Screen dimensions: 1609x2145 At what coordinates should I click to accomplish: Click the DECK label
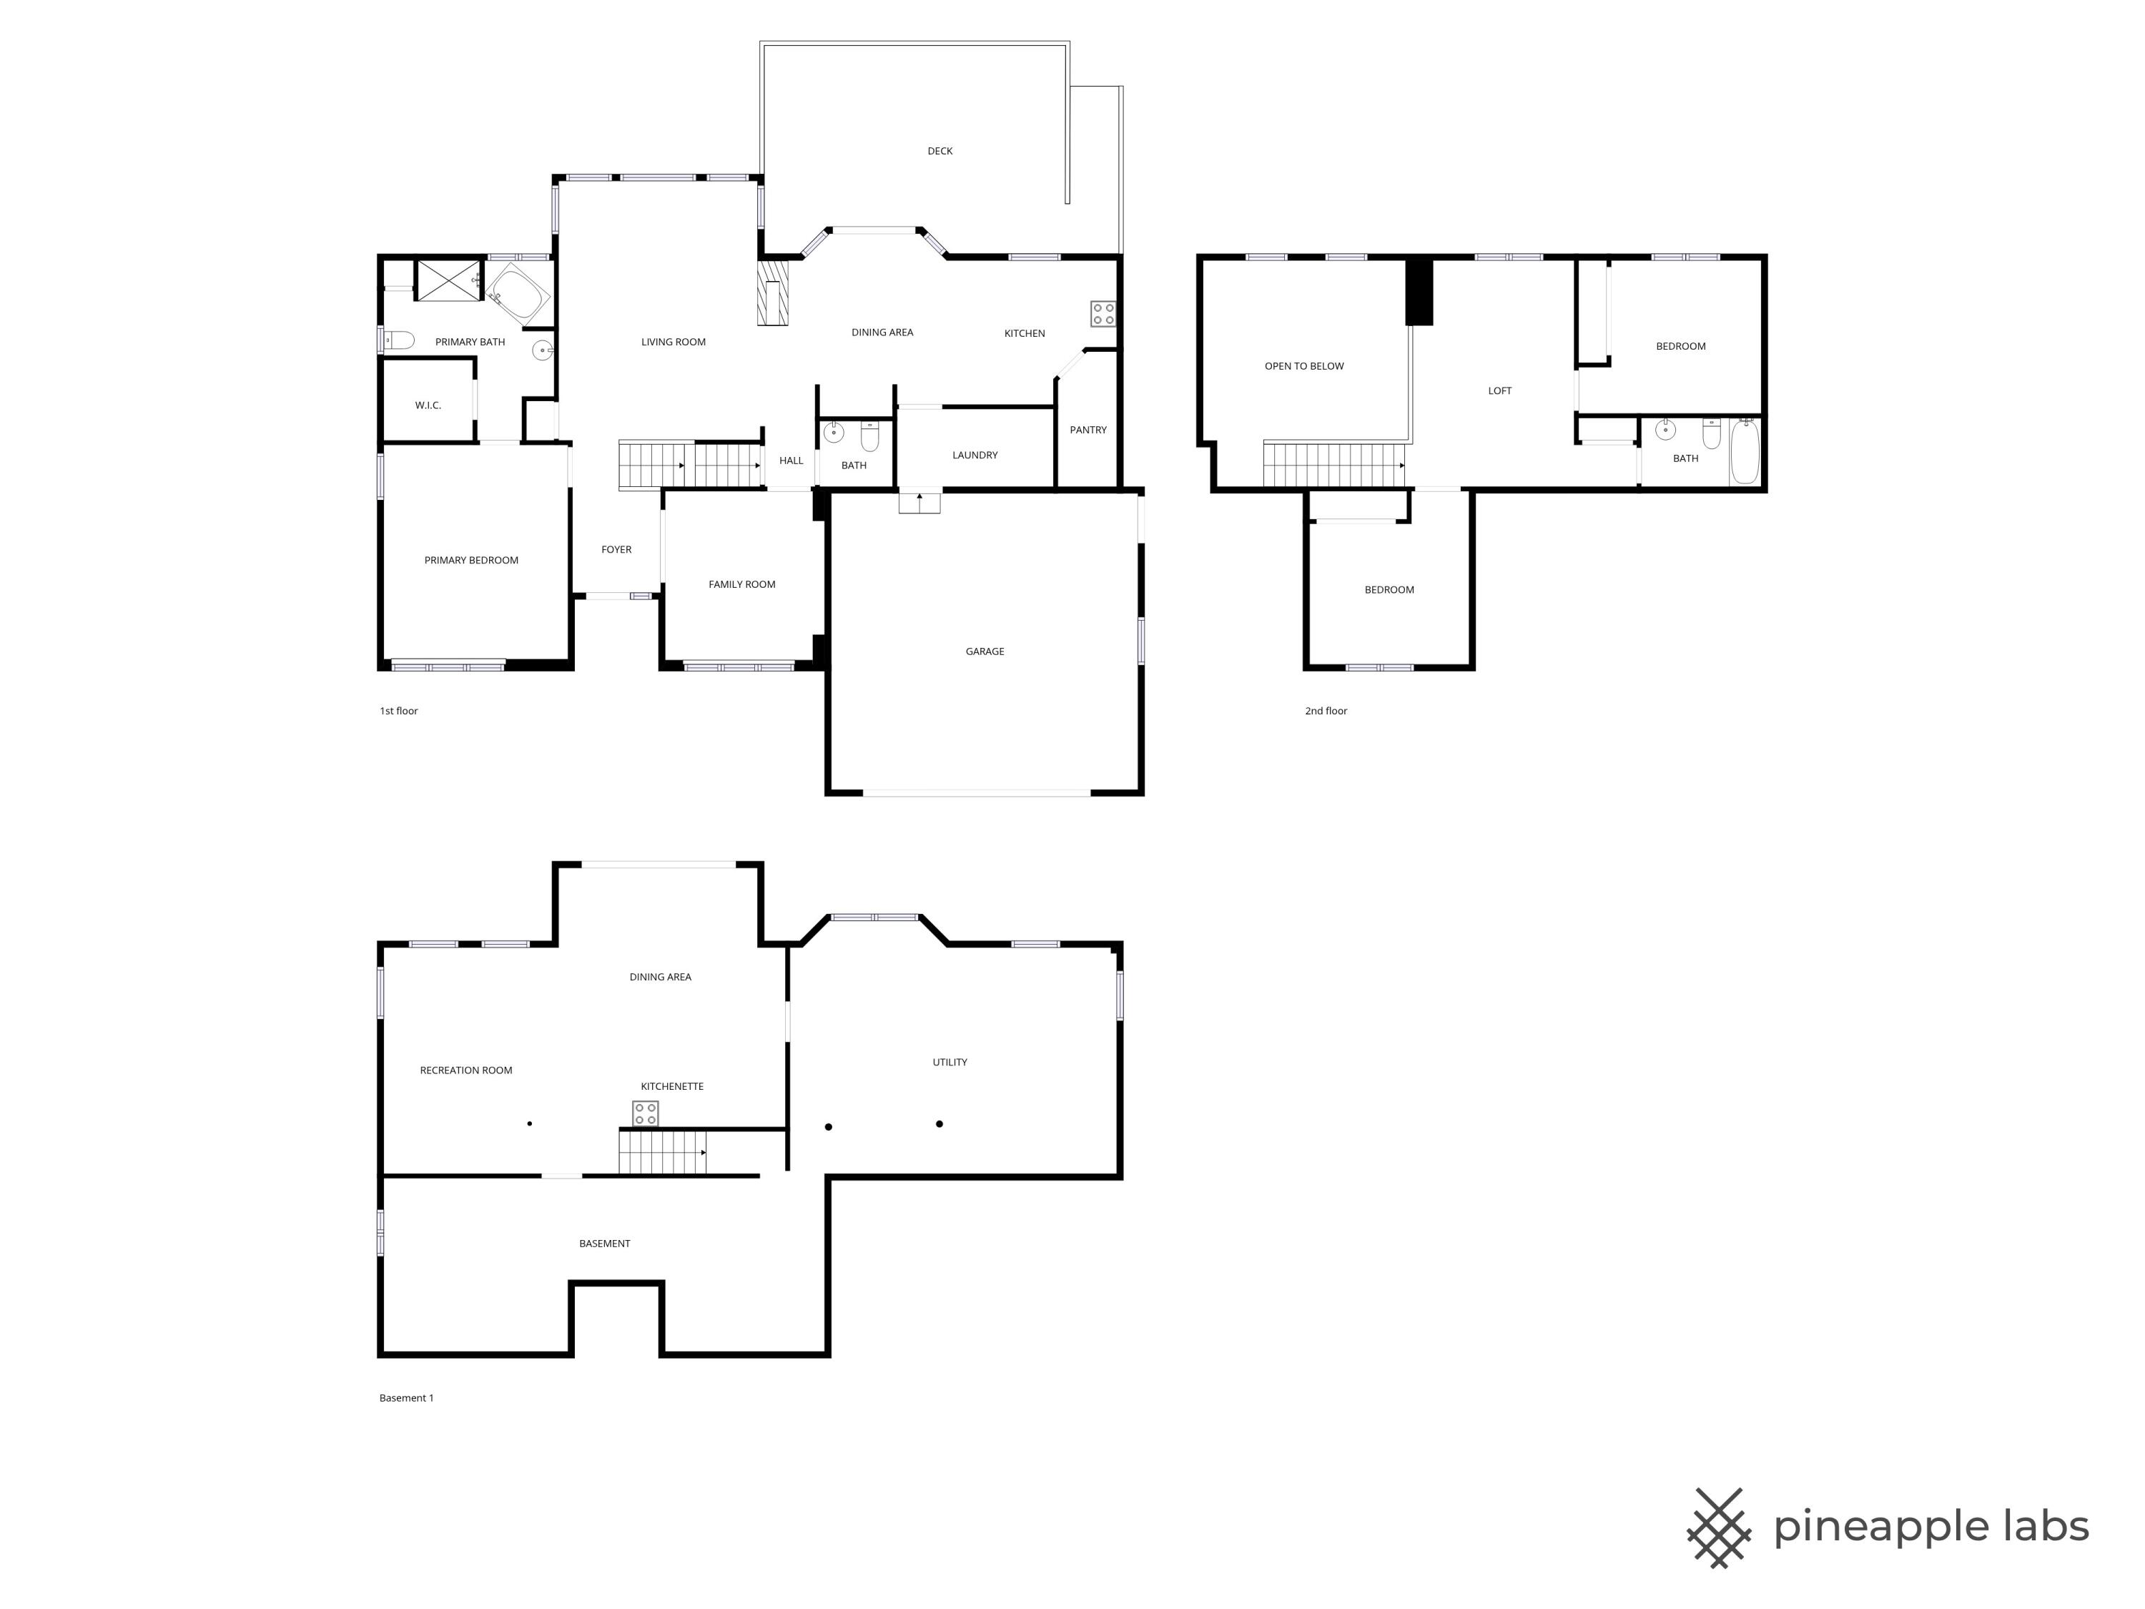[940, 152]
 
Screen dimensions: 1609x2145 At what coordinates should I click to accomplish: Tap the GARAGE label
[985, 651]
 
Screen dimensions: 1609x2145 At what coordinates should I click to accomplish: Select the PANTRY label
[1088, 430]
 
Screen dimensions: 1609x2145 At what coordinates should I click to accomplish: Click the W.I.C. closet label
[428, 405]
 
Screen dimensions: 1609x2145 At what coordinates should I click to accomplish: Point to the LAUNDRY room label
[975, 455]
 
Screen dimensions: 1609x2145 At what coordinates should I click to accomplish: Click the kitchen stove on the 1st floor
[1103, 313]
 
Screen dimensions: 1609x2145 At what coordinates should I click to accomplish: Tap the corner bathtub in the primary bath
[519, 293]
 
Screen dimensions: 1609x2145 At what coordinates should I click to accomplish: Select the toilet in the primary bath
[398, 340]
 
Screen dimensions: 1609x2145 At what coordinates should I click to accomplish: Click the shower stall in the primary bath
[448, 280]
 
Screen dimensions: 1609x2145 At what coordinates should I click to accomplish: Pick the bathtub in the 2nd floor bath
[1745, 452]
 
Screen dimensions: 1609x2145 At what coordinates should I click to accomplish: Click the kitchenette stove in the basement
[646, 1113]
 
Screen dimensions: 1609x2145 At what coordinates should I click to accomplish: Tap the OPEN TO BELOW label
[1303, 367]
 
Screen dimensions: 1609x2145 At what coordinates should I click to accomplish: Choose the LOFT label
[1499, 391]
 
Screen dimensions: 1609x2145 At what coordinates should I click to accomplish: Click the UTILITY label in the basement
[950, 1062]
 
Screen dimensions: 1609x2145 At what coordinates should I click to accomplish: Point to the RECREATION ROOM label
[465, 1071]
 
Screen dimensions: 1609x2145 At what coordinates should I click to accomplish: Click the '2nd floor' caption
[1326, 711]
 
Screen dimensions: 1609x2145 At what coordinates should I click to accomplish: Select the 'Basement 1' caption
[406, 1397]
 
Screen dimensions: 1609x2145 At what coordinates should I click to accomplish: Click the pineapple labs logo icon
[1718, 1527]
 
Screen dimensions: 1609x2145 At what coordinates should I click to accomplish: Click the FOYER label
[616, 550]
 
